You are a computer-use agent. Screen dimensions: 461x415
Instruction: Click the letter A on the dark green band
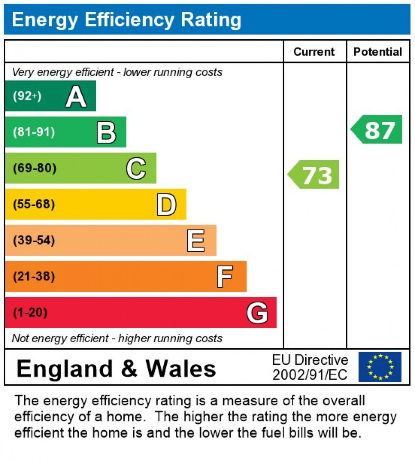click(76, 97)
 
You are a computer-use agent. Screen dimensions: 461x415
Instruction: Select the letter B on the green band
click(106, 132)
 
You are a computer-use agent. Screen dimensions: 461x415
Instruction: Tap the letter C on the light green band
click(136, 168)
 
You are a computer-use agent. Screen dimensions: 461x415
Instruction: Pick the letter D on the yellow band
click(166, 204)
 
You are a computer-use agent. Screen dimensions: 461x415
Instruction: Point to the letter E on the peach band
click(196, 241)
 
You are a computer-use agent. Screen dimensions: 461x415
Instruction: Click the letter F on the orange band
click(225, 277)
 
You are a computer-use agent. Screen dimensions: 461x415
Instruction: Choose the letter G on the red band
click(257, 313)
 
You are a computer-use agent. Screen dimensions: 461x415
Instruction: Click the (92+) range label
click(27, 97)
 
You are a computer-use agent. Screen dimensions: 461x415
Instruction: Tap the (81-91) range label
click(34, 132)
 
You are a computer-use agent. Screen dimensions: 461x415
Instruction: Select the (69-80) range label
click(34, 168)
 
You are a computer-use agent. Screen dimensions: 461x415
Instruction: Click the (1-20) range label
click(30, 313)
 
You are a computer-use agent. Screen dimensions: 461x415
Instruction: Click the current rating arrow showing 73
click(315, 175)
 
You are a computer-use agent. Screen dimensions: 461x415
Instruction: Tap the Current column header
click(314, 52)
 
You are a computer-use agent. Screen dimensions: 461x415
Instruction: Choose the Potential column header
click(378, 52)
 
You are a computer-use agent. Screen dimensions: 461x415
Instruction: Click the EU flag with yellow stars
click(380, 367)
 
